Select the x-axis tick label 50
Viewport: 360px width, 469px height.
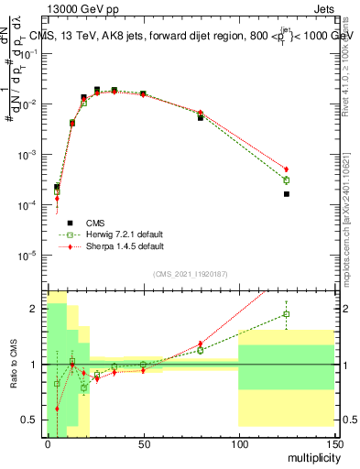[143, 444]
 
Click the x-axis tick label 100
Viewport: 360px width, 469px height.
[238, 444]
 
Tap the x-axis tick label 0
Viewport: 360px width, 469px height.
[48, 444]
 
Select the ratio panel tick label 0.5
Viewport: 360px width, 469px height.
[34, 420]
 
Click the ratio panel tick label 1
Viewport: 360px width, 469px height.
[37, 365]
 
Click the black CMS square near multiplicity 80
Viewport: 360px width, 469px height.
[201, 118]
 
